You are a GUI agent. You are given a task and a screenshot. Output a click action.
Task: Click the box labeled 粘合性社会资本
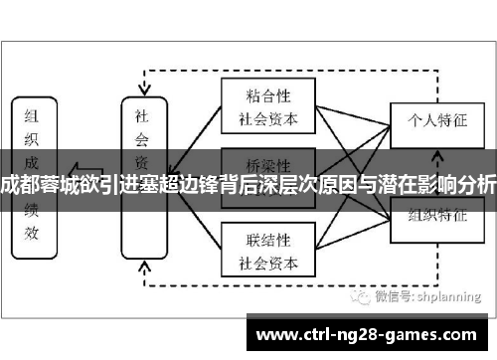268,106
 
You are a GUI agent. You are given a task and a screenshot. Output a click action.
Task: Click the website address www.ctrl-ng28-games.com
370,332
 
